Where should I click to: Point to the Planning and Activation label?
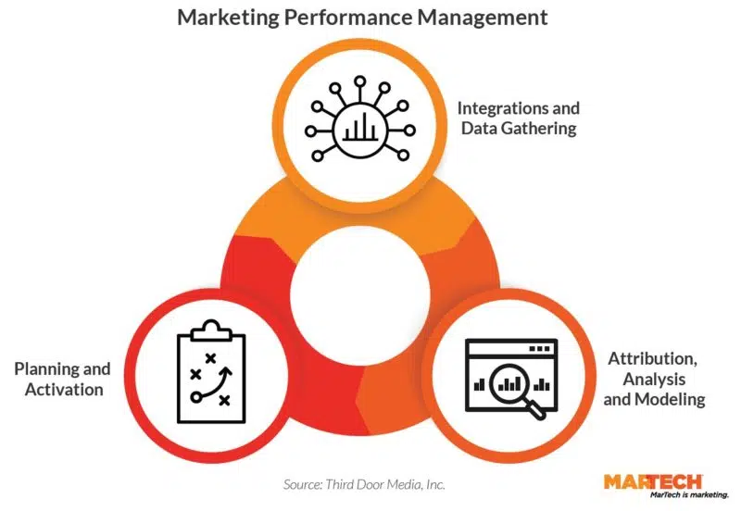pos(63,379)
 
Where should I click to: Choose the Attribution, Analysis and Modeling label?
pos(654,379)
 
